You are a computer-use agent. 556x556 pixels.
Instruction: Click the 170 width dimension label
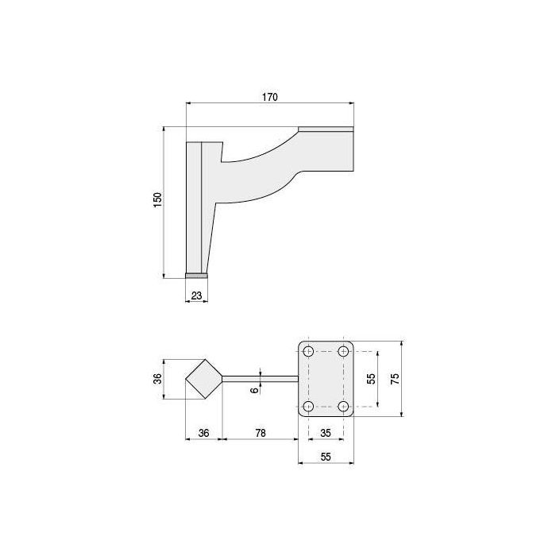(270, 97)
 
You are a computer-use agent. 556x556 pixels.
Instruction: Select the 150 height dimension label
(158, 201)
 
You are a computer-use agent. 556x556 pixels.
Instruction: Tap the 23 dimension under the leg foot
(197, 295)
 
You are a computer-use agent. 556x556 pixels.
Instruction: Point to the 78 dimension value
(260, 434)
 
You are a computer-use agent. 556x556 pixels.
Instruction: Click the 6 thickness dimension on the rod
(254, 389)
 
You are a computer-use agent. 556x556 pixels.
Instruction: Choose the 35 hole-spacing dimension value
(325, 434)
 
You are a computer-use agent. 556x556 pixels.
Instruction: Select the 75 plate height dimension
(395, 378)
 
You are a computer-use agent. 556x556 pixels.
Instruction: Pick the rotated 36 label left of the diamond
(158, 380)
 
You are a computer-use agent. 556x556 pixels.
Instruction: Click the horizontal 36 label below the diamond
(203, 434)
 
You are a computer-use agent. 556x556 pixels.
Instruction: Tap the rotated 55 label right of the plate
(370, 378)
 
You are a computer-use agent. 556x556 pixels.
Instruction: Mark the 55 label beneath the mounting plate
(325, 458)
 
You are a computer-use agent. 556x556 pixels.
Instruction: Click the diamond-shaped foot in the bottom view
(203, 379)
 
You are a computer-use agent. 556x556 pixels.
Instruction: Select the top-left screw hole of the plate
(307, 349)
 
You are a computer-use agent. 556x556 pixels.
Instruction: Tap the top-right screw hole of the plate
(344, 349)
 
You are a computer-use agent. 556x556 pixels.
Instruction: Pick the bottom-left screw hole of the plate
(307, 407)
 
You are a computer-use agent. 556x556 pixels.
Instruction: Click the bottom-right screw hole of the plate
(344, 407)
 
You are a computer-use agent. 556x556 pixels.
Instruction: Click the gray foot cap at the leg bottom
(197, 275)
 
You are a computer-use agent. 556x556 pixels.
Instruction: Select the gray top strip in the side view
(326, 129)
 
